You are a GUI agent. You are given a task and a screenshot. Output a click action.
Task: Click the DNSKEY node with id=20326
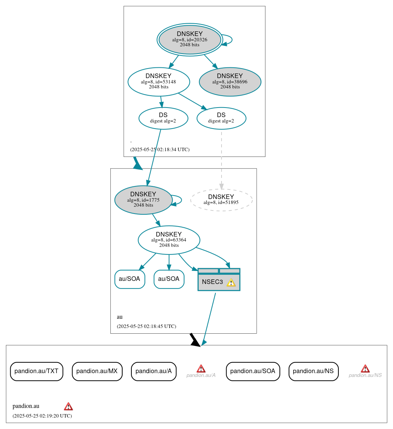(x=189, y=39)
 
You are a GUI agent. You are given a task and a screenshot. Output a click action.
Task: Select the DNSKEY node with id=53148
(x=158, y=82)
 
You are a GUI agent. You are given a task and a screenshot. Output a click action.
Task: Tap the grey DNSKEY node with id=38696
(x=230, y=82)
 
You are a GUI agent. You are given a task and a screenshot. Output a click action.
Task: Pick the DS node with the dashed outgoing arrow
(x=221, y=118)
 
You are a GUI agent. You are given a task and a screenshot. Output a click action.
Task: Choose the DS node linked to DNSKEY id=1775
(x=163, y=118)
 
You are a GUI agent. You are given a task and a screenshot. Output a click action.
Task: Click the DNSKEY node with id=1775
(x=143, y=200)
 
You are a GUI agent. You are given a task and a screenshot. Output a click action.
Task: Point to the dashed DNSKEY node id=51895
(x=221, y=200)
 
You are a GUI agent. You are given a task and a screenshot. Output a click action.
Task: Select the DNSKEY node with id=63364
(x=169, y=240)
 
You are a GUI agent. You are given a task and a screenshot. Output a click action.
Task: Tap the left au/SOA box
(x=129, y=279)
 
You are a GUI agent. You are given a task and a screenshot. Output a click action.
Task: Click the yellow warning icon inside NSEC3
(x=231, y=282)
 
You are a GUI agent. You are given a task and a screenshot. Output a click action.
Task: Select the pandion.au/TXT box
(x=36, y=371)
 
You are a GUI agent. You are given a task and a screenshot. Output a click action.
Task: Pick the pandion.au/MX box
(x=97, y=371)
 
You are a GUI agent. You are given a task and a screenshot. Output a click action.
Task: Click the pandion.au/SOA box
(x=253, y=371)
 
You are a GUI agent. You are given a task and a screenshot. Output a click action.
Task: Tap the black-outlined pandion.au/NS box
(x=313, y=371)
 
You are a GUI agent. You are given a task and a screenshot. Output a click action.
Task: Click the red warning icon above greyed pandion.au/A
(x=201, y=369)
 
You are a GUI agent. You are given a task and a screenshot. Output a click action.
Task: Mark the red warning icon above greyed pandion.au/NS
(x=365, y=369)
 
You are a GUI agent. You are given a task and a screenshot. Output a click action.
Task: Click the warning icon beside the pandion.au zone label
(x=68, y=406)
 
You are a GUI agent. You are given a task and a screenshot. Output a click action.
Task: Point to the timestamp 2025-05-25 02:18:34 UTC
(x=160, y=150)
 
